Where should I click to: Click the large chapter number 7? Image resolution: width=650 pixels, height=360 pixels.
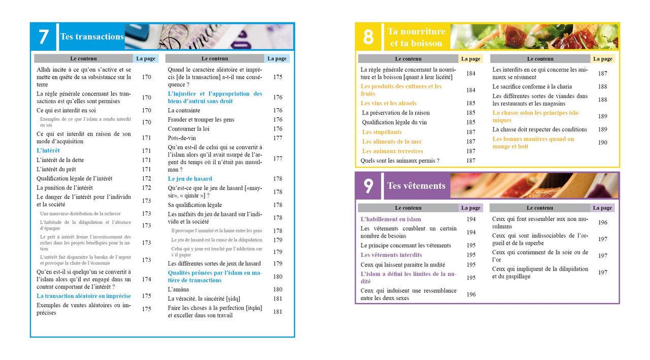pyautogui.click(x=44, y=37)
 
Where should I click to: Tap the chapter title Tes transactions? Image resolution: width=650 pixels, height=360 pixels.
pyautogui.click(x=92, y=37)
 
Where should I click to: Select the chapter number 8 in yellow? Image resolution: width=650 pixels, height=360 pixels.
pyautogui.click(x=368, y=37)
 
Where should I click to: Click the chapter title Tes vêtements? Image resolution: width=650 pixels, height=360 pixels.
pyautogui.click(x=416, y=185)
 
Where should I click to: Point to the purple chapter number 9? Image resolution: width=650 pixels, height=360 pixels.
pyautogui.click(x=368, y=186)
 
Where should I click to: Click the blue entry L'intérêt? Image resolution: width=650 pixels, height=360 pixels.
pyautogui.click(x=48, y=151)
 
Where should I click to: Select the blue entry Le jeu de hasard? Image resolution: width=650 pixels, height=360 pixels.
pyautogui.click(x=190, y=179)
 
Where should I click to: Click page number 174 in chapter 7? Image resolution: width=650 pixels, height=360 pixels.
pyautogui.click(x=146, y=279)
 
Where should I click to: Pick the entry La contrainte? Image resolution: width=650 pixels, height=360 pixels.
pyautogui.click(x=184, y=110)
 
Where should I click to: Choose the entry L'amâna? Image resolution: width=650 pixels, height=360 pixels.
pyautogui.click(x=178, y=289)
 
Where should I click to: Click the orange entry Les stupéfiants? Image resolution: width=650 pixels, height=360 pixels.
pyautogui.click(x=381, y=132)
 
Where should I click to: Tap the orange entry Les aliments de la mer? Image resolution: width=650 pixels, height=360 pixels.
pyautogui.click(x=392, y=142)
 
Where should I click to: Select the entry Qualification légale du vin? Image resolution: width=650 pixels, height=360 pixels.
pyautogui.click(x=394, y=122)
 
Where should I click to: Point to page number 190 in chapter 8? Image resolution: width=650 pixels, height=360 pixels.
pyautogui.click(x=602, y=143)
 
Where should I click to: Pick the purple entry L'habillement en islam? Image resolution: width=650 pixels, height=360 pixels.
pyautogui.click(x=391, y=219)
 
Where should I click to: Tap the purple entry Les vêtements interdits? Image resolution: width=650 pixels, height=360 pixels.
pyautogui.click(x=391, y=255)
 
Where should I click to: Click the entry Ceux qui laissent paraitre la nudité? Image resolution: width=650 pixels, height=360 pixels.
pyautogui.click(x=403, y=265)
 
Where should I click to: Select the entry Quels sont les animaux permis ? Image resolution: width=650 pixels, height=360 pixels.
pyautogui.click(x=400, y=160)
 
